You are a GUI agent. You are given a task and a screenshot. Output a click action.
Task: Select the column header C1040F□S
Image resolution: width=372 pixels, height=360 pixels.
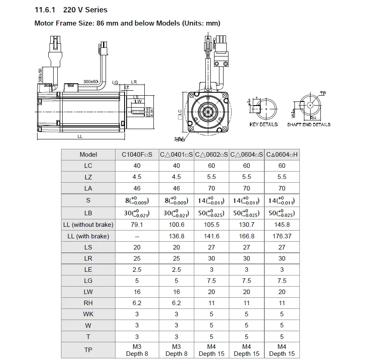tap(137, 155)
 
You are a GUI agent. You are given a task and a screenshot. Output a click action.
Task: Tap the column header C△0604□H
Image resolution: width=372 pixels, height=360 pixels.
tap(282, 155)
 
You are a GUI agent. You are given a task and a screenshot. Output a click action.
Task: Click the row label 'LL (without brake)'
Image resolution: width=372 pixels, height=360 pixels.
tap(88, 225)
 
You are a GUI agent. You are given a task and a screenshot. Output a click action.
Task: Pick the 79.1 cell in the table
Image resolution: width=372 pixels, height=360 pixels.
tap(137, 225)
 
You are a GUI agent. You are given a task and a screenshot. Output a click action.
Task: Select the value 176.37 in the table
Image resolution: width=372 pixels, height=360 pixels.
tap(282, 236)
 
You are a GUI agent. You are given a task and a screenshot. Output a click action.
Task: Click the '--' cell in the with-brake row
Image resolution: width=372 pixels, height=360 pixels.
tap(137, 236)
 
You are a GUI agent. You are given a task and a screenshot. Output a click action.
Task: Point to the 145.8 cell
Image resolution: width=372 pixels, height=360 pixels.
tap(282, 225)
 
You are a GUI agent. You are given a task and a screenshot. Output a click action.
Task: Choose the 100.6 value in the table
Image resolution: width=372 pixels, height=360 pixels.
tap(177, 225)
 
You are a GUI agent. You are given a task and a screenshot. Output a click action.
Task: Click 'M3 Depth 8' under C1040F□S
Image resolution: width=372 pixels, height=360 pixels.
tap(137, 350)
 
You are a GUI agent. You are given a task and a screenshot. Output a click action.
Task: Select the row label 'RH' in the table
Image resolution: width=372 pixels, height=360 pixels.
tap(88, 303)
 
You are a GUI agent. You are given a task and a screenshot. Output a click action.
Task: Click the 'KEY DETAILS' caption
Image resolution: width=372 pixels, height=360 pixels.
tap(264, 125)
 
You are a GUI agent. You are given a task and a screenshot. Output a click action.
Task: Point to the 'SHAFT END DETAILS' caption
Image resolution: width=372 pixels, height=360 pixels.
tap(308, 125)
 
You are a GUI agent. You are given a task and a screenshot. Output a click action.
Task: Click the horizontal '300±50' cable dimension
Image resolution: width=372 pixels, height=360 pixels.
tap(90, 82)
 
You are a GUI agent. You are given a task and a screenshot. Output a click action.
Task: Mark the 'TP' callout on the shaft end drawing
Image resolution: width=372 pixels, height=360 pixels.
tap(323, 94)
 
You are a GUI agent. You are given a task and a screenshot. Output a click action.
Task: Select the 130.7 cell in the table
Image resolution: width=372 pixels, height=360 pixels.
tap(247, 225)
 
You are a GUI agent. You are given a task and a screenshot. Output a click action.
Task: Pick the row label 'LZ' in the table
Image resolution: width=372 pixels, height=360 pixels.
tap(88, 177)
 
